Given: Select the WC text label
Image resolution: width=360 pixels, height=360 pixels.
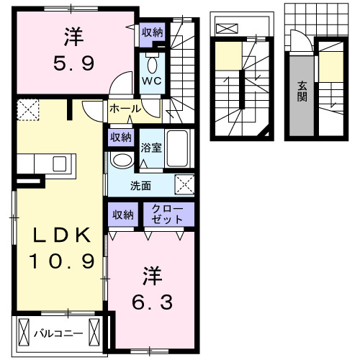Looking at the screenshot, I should pyautogui.click(x=150, y=81).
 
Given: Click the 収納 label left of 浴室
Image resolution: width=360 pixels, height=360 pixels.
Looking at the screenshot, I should pyautogui.click(x=120, y=137).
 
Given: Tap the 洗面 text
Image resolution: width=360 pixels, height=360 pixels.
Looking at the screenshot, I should pyautogui.click(x=140, y=185).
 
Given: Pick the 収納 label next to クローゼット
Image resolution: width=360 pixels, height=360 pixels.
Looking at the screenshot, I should pyautogui.click(x=122, y=215).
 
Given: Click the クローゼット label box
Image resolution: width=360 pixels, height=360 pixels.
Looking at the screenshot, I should pyautogui.click(x=168, y=215).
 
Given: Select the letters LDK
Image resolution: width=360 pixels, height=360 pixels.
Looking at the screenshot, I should pyautogui.click(x=60, y=235).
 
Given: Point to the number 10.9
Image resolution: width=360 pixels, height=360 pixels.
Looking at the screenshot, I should pyautogui.click(x=61, y=261).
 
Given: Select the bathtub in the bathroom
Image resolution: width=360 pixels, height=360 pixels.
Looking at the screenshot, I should pyautogui.click(x=176, y=148).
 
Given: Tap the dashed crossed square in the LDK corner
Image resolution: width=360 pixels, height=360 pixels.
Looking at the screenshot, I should pyautogui.click(x=28, y=110).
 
